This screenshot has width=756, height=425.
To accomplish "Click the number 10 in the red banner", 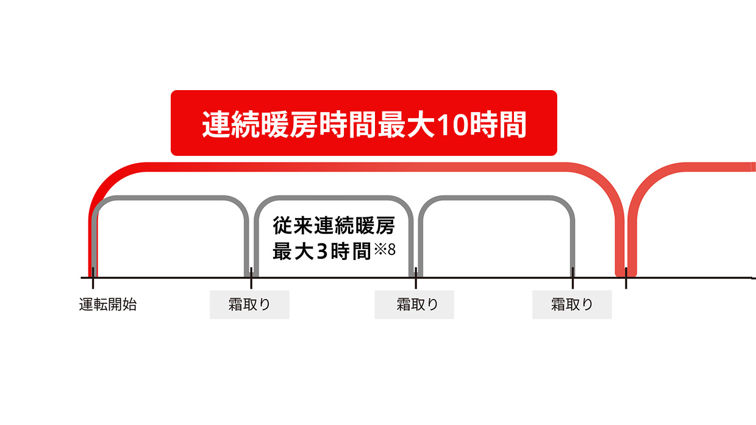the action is [x=452, y=124].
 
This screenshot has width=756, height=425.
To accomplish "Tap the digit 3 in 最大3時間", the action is [x=323, y=251].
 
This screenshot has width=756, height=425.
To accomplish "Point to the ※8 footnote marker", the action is [x=385, y=250].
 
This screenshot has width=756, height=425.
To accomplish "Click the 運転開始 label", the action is [x=108, y=304].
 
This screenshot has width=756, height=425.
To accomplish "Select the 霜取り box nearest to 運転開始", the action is [x=249, y=304].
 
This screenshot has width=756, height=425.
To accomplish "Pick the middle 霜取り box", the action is [x=414, y=304].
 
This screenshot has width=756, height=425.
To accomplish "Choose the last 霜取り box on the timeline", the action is [x=572, y=304].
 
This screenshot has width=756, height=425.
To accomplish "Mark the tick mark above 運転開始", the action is [x=93, y=278].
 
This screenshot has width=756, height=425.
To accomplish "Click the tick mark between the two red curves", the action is [x=626, y=278].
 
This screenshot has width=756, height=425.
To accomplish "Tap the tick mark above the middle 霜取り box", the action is [x=416, y=278].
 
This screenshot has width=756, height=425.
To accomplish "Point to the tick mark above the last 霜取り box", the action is [x=572, y=278].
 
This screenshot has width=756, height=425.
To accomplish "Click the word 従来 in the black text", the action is [x=293, y=225].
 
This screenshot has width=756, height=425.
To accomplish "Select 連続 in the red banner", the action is [x=231, y=124].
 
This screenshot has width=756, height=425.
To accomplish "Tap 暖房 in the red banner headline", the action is [x=289, y=124].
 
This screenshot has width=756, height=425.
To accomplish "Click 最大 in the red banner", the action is [x=406, y=124].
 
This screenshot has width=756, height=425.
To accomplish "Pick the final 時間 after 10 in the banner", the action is [x=498, y=124].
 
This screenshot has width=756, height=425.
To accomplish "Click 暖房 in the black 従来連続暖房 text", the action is [x=375, y=225].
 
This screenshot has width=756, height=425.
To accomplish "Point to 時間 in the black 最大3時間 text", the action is [x=351, y=251].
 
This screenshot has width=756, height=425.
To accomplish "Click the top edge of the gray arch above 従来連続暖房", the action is [x=333, y=198].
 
